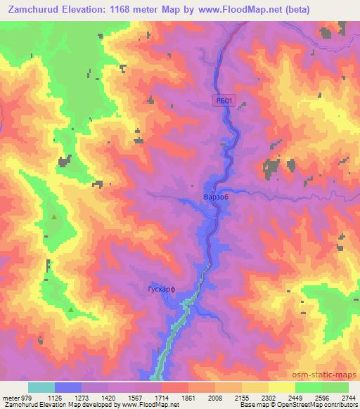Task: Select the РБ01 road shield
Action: tap(223, 102)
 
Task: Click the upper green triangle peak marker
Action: tap(54, 217)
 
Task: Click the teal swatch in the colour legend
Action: tap(41, 387)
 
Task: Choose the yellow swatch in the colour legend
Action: tap(282, 387)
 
